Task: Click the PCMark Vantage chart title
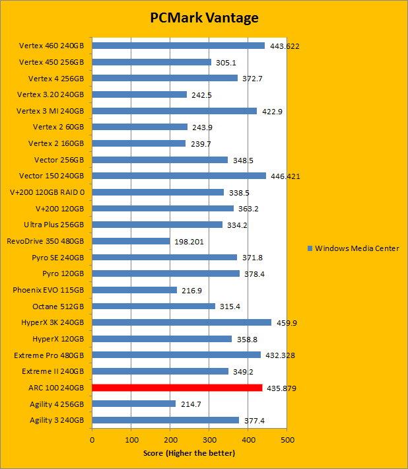(x=203, y=18)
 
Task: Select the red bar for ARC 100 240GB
(x=177, y=388)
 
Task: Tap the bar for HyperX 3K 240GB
(x=182, y=322)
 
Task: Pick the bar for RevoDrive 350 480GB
(x=131, y=241)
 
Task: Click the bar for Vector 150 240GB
(x=179, y=176)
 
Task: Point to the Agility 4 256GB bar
(x=134, y=404)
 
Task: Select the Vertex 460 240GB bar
(x=178, y=46)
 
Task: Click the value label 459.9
(x=285, y=323)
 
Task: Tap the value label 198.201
(x=189, y=242)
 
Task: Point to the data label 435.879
(x=281, y=388)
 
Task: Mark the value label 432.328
(x=280, y=355)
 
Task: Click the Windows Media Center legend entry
(x=353, y=248)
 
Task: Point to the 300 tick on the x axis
(x=209, y=439)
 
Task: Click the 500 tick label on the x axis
(x=287, y=439)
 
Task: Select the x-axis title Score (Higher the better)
(x=189, y=453)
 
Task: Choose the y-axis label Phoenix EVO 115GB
(x=48, y=290)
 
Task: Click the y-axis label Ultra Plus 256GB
(x=53, y=225)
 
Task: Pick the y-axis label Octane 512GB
(x=58, y=306)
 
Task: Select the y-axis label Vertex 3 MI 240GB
(x=50, y=111)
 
